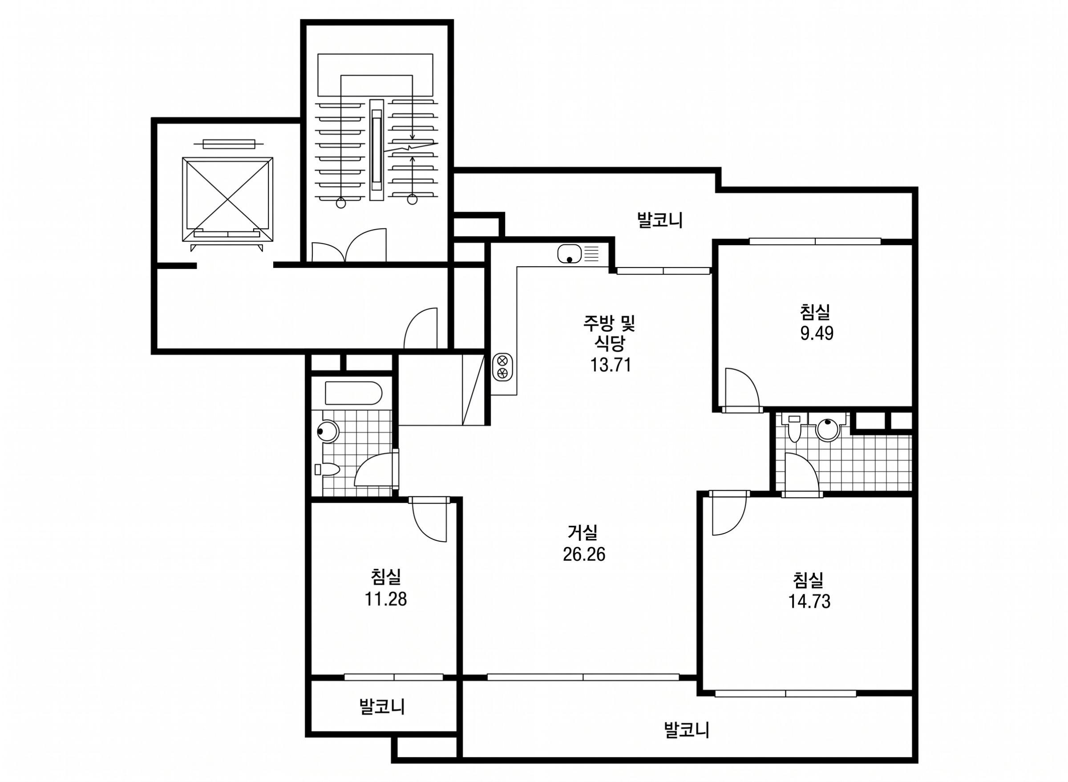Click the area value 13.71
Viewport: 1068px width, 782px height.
pyautogui.click(x=611, y=365)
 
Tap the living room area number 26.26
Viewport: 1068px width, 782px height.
pyautogui.click(x=584, y=554)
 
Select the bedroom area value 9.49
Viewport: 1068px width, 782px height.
pyautogui.click(x=817, y=334)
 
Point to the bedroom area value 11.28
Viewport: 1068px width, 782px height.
pyautogui.click(x=386, y=599)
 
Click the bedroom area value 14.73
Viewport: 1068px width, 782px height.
pyautogui.click(x=809, y=602)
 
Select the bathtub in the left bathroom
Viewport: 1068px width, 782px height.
pyautogui.click(x=353, y=393)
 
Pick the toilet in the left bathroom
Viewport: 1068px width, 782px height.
pyautogui.click(x=327, y=470)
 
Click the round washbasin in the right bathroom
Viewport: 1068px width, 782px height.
pyautogui.click(x=828, y=429)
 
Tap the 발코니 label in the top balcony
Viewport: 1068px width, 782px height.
pyautogui.click(x=660, y=221)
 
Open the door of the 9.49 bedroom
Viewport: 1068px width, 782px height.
pyautogui.click(x=743, y=389)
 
